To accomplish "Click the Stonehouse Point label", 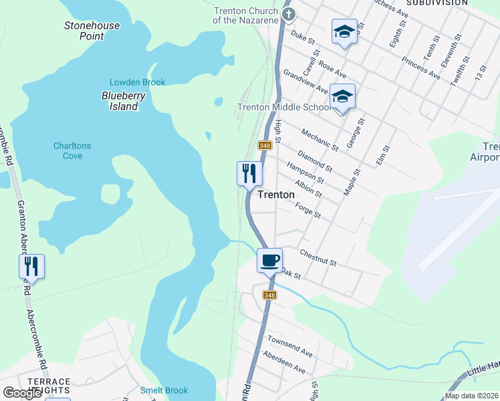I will click(92, 31).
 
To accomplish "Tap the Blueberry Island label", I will click(124, 101).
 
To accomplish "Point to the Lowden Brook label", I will click(137, 82).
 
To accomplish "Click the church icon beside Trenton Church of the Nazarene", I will click(288, 13).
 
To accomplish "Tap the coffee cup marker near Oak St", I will click(269, 260).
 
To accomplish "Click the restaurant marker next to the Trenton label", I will click(249, 174).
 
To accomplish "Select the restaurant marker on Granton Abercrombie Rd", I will click(31, 266).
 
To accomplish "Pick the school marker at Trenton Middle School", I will click(342, 97).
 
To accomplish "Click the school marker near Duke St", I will click(345, 31).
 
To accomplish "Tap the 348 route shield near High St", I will click(265, 145).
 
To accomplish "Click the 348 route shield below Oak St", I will click(269, 295).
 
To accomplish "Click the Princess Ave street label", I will click(420, 68).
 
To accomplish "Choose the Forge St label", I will click(308, 211).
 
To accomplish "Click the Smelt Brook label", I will click(164, 390).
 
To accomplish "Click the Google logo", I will click(23, 393).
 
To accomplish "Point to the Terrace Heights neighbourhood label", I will click(49, 386).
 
